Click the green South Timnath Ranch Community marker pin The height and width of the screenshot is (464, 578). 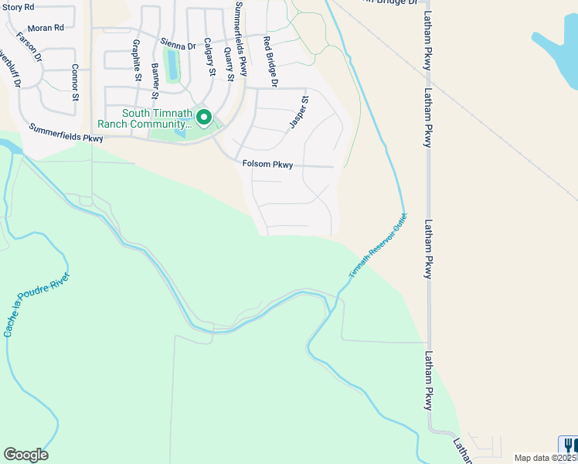tap(204, 118)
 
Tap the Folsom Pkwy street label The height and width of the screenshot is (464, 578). tap(267, 164)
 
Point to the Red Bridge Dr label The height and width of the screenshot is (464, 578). tap(270, 60)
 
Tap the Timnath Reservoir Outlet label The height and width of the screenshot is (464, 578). tap(376, 246)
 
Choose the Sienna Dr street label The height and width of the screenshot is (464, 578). tap(178, 46)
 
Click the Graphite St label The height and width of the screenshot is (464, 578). tap(137, 60)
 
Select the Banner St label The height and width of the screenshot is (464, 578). tap(155, 80)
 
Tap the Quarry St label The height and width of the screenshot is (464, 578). tap(228, 63)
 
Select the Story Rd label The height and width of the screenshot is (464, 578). tap(19, 7)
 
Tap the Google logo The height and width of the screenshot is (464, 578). tap(25, 455)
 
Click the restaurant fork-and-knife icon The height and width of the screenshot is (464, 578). tap(569, 445)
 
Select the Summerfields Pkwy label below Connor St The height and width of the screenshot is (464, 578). tap(66, 133)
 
